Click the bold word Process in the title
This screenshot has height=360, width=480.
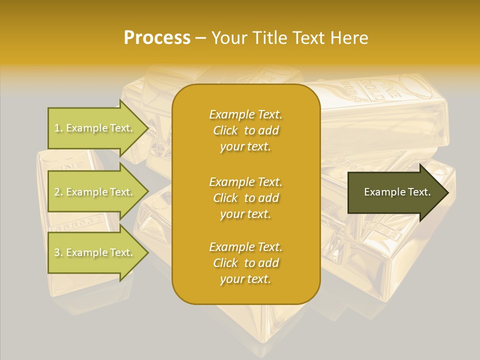click(157, 38)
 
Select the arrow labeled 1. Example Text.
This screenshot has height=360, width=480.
click(95, 128)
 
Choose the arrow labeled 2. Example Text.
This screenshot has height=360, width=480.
click(95, 192)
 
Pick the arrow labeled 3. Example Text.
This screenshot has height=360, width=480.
click(95, 252)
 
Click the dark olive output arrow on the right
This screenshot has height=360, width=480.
click(395, 192)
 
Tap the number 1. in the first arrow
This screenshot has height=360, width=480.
click(58, 128)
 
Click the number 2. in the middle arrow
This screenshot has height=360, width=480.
click(58, 192)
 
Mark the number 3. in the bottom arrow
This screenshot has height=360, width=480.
click(58, 252)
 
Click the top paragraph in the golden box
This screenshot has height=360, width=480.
click(245, 130)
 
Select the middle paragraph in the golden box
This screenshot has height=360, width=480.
click(245, 198)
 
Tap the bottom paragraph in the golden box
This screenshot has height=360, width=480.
click(245, 263)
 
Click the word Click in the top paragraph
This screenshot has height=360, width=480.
click(225, 130)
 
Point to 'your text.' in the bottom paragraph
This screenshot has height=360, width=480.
click(245, 279)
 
